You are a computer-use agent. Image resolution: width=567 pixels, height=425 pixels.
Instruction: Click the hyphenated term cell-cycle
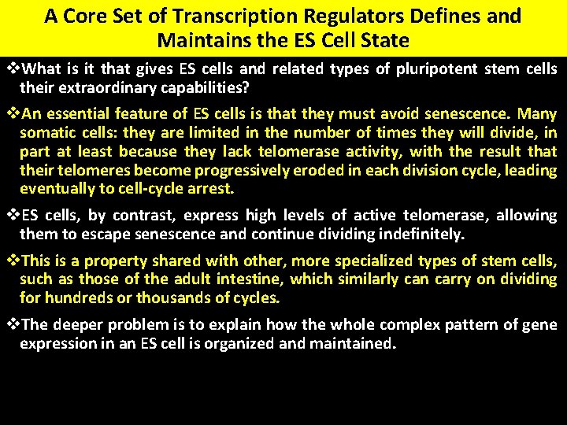point(162,188)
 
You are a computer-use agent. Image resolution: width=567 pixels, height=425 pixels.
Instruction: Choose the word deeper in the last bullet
point(80,325)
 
